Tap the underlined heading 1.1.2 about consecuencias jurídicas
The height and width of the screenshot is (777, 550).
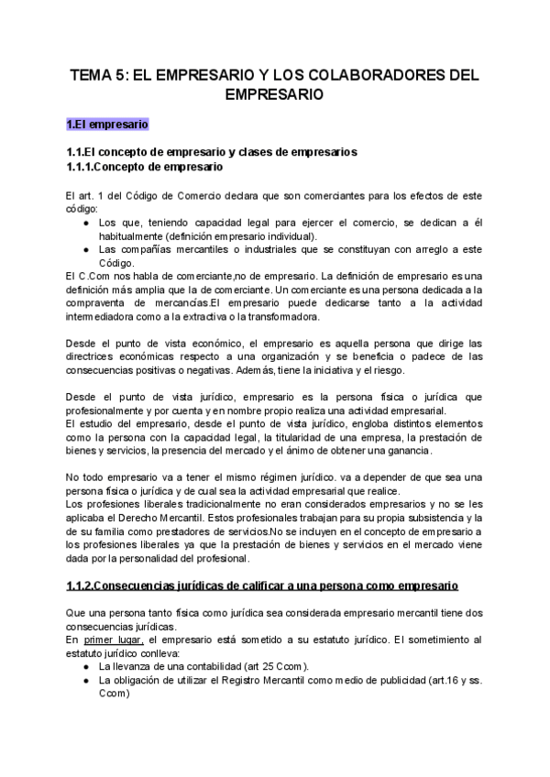click(x=261, y=585)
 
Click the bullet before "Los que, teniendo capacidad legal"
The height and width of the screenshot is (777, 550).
click(x=85, y=222)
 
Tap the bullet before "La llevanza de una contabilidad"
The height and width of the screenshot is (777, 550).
click(x=85, y=666)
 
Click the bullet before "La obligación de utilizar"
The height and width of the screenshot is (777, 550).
click(x=85, y=681)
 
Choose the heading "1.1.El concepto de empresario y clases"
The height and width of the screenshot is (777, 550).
click(x=212, y=151)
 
